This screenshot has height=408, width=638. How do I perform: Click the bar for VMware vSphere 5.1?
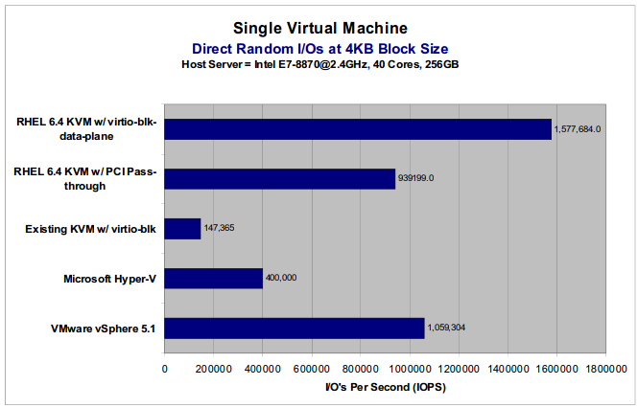(295, 328)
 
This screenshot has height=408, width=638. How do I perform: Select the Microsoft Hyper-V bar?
(213, 278)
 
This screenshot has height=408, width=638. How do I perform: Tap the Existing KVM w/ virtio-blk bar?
(182, 228)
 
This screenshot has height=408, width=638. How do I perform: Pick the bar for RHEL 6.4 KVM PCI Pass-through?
(280, 178)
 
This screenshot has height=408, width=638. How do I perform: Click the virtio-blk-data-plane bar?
(358, 128)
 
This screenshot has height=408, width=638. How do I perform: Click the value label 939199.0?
(417, 178)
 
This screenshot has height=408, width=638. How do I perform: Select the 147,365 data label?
(219, 228)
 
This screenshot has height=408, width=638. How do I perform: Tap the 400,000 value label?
(281, 279)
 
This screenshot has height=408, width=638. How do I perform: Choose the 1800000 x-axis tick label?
(605, 368)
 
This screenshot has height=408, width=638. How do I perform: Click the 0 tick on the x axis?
(165, 368)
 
